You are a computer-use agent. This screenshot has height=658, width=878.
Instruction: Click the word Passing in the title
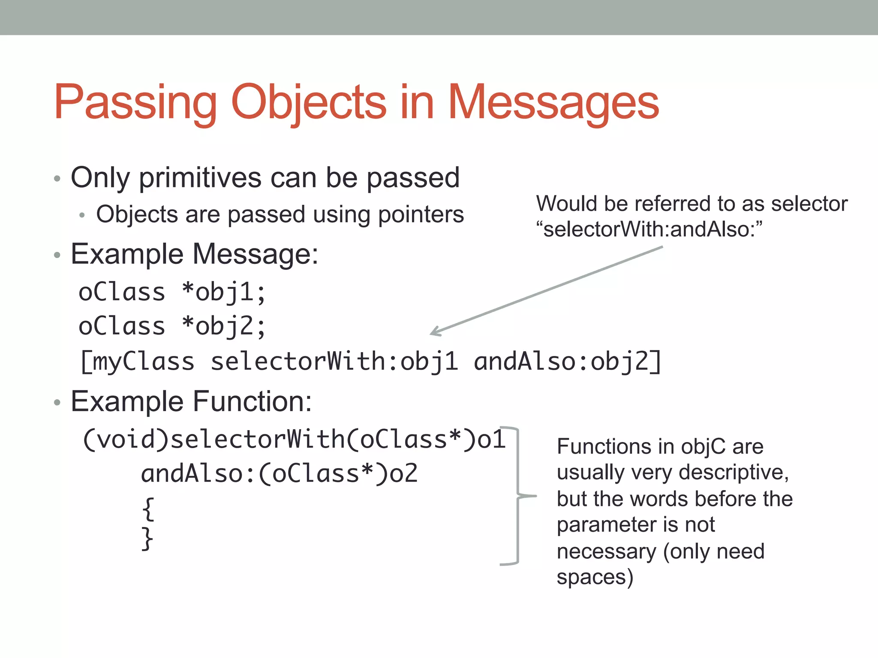[x=135, y=103]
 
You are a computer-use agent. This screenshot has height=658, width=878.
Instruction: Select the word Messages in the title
[x=553, y=103]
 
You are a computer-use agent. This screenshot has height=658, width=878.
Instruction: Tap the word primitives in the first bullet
[x=200, y=178]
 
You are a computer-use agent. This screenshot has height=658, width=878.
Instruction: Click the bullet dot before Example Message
[x=57, y=255]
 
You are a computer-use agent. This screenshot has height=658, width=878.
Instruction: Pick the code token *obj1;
[x=223, y=293]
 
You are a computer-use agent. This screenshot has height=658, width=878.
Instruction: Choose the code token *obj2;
[x=223, y=326]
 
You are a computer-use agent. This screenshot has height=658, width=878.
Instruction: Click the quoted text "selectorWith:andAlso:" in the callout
[x=649, y=229]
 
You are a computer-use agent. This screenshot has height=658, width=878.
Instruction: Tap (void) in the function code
[x=126, y=440]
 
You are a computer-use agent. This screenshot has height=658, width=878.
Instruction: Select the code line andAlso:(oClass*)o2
[x=279, y=474]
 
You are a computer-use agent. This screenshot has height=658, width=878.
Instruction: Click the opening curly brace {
[x=148, y=508]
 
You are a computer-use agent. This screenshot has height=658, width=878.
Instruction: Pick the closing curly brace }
[x=147, y=538]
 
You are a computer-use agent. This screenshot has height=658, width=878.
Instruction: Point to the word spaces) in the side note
[x=595, y=577]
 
